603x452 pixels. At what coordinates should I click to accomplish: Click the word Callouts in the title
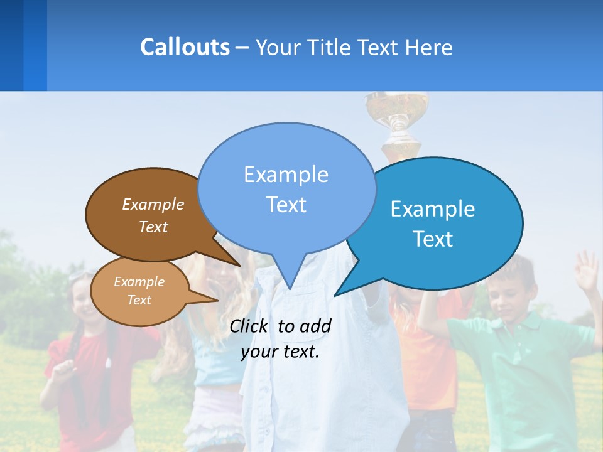click(x=185, y=47)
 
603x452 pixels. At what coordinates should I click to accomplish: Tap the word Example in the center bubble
click(x=286, y=175)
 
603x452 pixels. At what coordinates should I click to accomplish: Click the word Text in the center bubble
click(x=286, y=205)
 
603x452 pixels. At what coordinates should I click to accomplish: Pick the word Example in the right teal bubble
click(x=433, y=209)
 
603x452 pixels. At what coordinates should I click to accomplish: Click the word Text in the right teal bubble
click(x=433, y=239)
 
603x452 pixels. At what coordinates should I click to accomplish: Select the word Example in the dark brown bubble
click(x=153, y=204)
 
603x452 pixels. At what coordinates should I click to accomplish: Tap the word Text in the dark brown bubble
click(x=153, y=227)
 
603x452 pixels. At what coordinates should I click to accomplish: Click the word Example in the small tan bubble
click(x=139, y=282)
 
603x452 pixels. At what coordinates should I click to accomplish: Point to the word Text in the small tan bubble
click(x=139, y=300)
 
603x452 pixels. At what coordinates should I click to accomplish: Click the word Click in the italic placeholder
click(x=250, y=326)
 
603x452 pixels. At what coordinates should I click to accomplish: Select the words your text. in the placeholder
click(x=280, y=352)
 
